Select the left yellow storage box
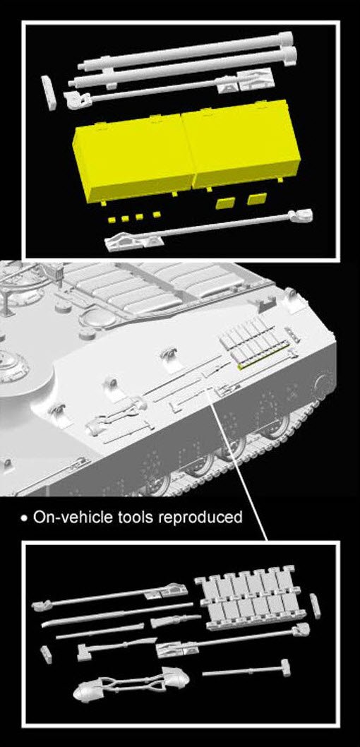[133, 158]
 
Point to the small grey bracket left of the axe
[47, 654]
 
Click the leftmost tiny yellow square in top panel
[112, 219]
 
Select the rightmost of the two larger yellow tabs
[256, 199]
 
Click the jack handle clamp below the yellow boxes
[126, 242]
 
